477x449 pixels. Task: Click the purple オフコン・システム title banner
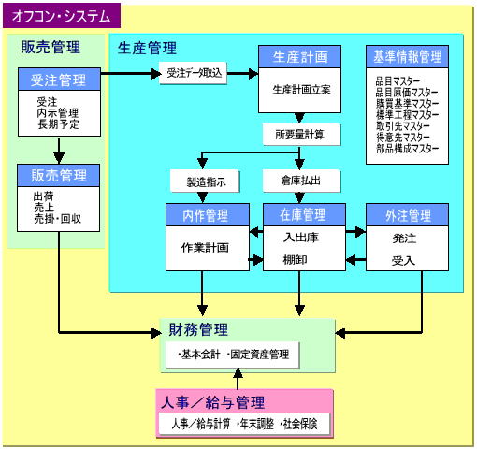(62, 16)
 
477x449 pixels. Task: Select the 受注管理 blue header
(59, 80)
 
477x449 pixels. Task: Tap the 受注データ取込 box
(193, 73)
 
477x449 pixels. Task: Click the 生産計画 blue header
(299, 57)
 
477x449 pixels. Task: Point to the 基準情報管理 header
(407, 57)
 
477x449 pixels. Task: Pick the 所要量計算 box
(301, 135)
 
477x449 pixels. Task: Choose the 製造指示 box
(205, 181)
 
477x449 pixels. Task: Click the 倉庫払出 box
(301, 181)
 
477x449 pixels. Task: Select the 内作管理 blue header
(208, 215)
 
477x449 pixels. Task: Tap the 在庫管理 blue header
(304, 215)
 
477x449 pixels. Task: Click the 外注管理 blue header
(407, 215)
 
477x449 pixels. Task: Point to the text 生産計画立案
(301, 90)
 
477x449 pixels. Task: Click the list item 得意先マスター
(403, 138)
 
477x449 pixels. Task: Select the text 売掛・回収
(57, 219)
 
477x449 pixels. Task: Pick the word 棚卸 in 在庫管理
(295, 259)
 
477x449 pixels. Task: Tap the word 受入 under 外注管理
(403, 261)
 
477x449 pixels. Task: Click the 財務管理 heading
(198, 330)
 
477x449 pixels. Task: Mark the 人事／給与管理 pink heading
(213, 402)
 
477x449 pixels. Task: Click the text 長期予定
(58, 124)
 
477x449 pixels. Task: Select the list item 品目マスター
(397, 81)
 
